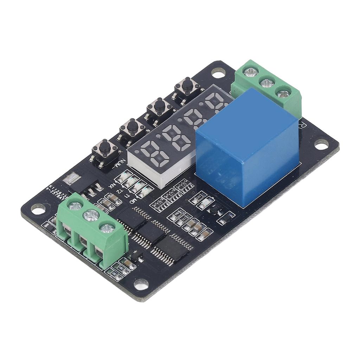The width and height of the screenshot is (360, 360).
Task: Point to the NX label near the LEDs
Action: pos(112,185)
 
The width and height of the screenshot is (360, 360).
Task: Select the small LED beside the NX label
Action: pos(123,177)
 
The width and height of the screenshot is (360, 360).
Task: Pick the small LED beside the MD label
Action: pos(145,192)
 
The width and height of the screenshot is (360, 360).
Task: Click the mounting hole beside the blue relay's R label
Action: pos(320,144)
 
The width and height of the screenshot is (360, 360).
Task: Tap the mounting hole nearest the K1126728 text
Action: pos(38,209)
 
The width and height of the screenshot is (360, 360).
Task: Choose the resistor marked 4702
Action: pos(176,214)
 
